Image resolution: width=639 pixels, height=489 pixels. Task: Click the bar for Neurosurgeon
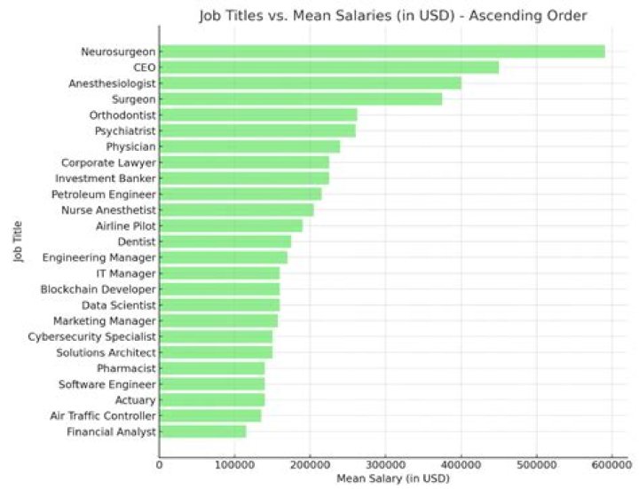tap(382, 51)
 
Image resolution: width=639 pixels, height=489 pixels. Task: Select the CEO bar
tap(328, 67)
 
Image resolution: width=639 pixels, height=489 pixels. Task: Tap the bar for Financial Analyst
tap(202, 431)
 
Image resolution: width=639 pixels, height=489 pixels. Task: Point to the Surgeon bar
tap(300, 99)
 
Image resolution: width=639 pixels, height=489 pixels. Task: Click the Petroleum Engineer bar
tap(241, 193)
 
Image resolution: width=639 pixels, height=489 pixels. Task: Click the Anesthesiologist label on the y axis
tap(112, 83)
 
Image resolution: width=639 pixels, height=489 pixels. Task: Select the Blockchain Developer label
tap(99, 289)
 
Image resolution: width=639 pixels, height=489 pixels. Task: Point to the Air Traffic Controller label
tap(99, 415)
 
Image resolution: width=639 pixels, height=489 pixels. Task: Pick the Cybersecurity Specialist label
tap(92, 336)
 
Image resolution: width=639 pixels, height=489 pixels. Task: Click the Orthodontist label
tap(122, 115)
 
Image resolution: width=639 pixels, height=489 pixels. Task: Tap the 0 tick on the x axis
tap(160, 463)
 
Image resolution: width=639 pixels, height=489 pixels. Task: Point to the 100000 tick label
tap(234, 463)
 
